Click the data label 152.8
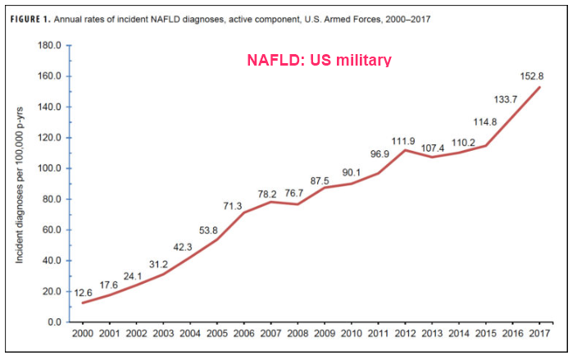533,76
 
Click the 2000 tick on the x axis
83,335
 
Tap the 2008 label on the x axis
297,335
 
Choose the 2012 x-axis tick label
404,335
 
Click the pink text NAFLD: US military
319,60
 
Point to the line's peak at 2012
404,150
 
